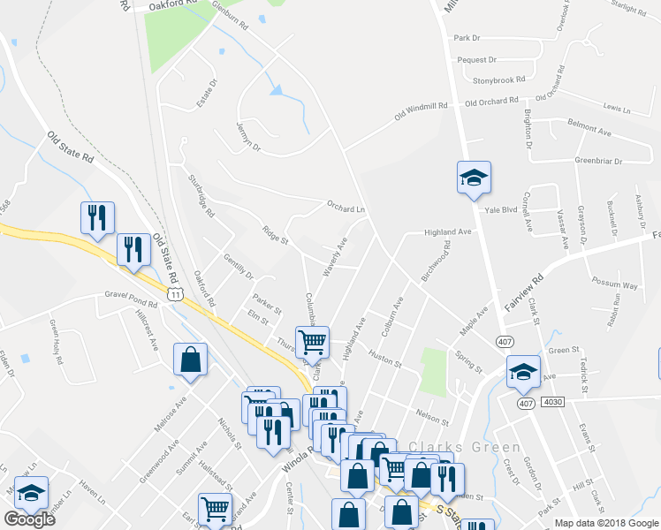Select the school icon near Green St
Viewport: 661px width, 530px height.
click(x=522, y=372)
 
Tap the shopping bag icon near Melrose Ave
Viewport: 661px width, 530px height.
click(x=190, y=360)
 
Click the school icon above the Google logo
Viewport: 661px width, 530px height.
click(x=32, y=494)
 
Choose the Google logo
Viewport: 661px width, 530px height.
click(x=29, y=519)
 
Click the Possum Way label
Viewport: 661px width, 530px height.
click(x=615, y=285)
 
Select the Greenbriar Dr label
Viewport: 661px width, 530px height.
click(x=598, y=162)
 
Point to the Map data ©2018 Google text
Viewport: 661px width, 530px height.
click(x=607, y=523)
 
